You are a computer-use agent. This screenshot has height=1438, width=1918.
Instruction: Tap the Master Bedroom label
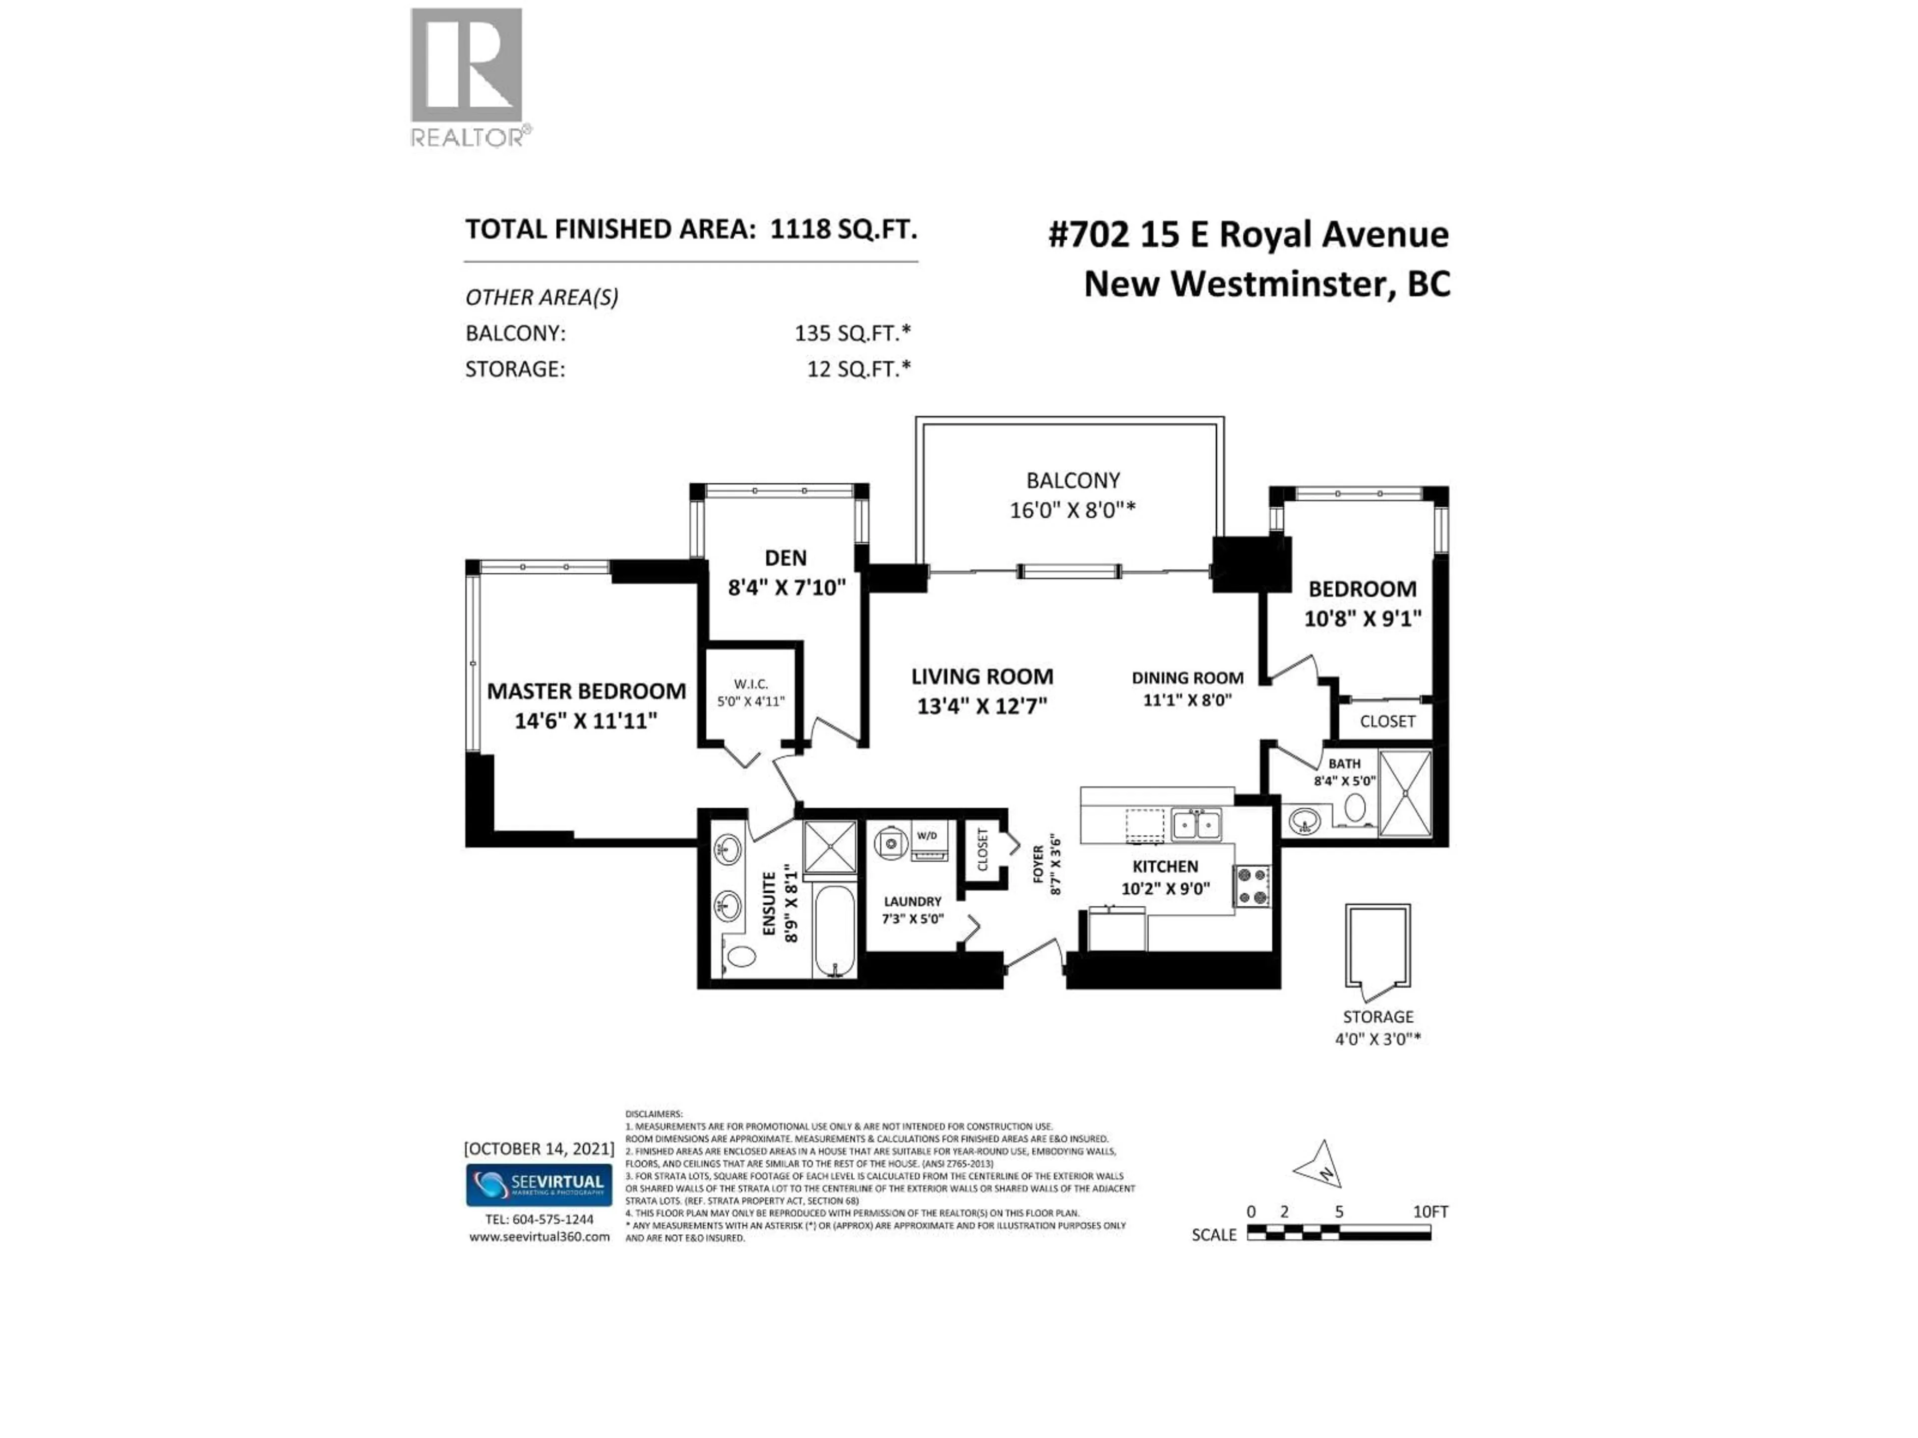[586, 691]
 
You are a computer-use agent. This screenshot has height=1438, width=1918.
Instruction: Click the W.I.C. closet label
[750, 684]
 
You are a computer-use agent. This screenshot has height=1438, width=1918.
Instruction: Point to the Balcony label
[1072, 480]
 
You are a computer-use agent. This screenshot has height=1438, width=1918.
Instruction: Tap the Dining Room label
[1187, 678]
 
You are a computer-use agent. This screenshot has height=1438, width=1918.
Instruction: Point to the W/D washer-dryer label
[927, 835]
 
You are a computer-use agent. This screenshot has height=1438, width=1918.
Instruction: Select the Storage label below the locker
[1378, 1017]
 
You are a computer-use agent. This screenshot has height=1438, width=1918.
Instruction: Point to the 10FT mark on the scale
[1430, 1212]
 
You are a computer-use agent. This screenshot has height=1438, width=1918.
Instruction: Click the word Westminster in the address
[1279, 284]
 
